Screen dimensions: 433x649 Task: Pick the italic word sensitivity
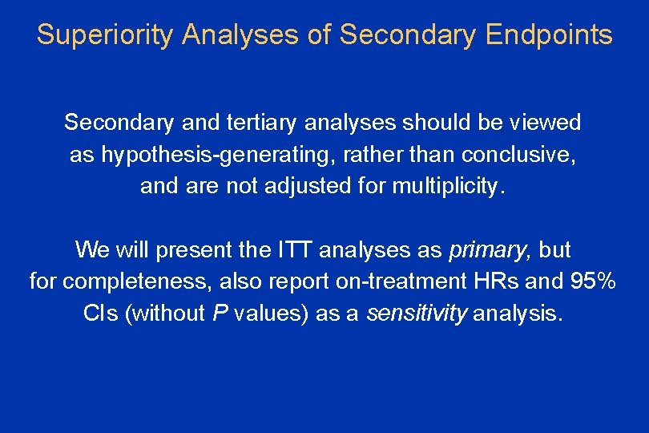416,314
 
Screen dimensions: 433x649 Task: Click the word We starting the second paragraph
93,250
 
